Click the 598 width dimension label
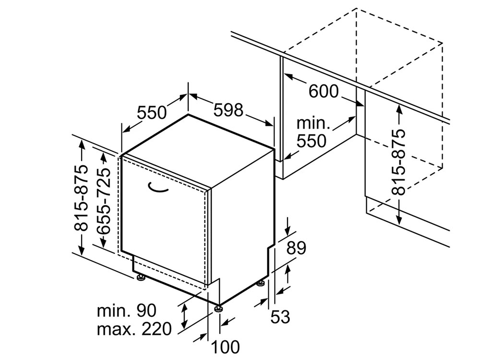(x=228, y=110)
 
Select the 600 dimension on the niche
(x=324, y=91)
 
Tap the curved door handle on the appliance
(x=158, y=188)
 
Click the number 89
(x=296, y=248)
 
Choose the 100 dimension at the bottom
(x=226, y=347)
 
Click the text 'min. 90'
(x=126, y=311)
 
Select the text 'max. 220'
(x=134, y=329)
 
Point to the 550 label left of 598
(x=152, y=112)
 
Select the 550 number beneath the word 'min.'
(x=312, y=141)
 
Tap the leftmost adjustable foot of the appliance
(x=141, y=277)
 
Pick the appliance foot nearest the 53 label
(x=261, y=284)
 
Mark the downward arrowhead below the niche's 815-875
(x=399, y=219)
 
